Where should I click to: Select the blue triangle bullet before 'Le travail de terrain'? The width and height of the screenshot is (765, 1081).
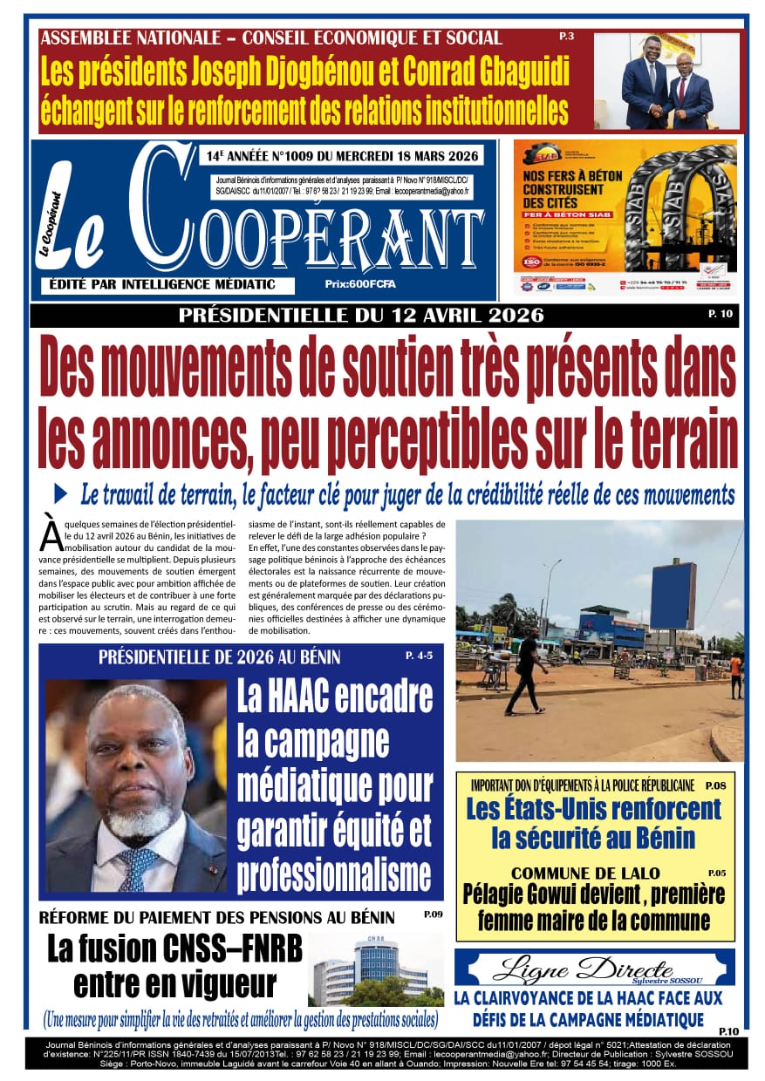(x=60, y=493)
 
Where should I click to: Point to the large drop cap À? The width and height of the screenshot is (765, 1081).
(x=51, y=534)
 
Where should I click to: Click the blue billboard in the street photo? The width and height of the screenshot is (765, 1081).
(x=673, y=595)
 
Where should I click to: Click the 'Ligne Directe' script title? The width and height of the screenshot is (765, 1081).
(x=583, y=967)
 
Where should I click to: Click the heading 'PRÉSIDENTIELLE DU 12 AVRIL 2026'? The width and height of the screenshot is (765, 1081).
(x=361, y=315)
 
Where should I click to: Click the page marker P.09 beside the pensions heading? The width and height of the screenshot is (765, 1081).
(x=433, y=915)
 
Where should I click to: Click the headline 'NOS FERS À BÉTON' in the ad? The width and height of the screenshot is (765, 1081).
(x=572, y=175)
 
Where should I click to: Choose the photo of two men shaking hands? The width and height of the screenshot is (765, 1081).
(x=666, y=82)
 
